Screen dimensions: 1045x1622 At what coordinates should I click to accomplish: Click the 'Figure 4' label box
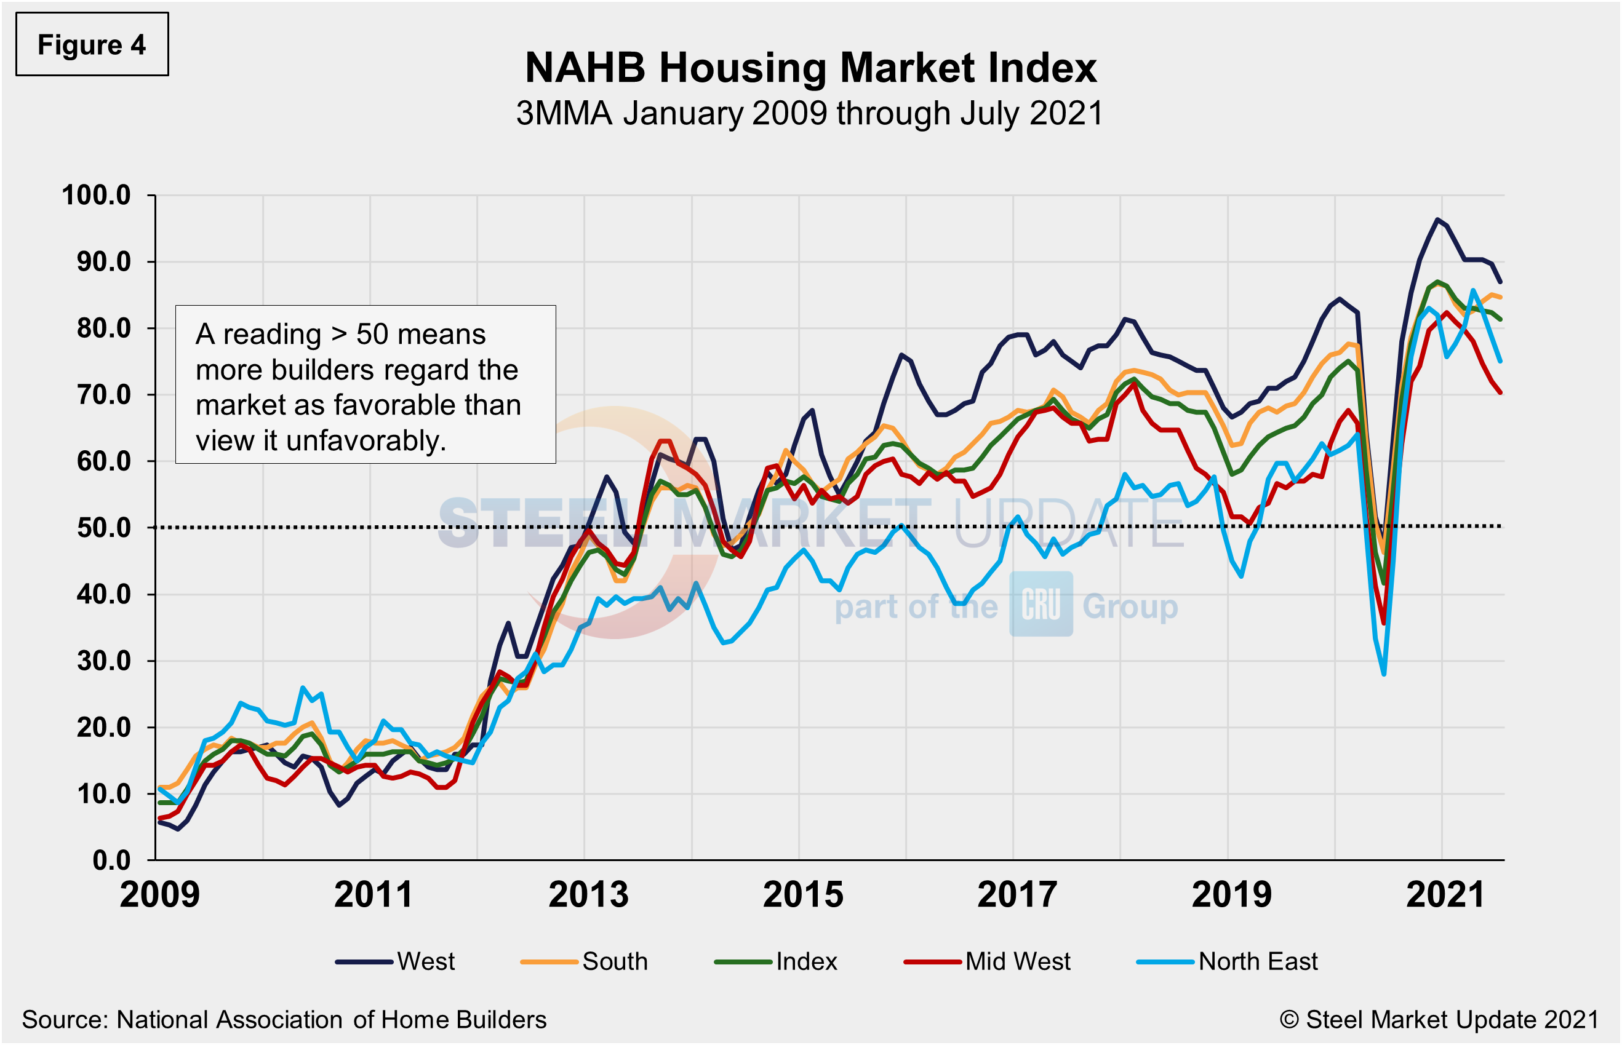tap(92, 45)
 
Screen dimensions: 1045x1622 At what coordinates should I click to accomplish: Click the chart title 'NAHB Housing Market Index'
tap(810, 68)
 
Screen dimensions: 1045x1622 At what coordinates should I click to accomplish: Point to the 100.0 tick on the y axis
tap(97, 196)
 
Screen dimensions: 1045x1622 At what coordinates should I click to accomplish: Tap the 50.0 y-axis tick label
tap(103, 528)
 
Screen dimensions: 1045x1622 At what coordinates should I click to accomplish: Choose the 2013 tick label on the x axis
tap(588, 894)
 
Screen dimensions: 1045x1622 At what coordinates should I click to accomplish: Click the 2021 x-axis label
tap(1445, 894)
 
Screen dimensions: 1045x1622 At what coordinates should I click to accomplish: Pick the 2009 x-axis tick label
tap(160, 894)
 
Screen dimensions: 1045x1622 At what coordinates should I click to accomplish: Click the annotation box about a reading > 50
tap(365, 385)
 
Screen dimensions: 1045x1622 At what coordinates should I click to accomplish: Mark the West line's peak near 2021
tap(1437, 219)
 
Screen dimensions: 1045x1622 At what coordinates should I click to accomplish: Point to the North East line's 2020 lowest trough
tap(1383, 674)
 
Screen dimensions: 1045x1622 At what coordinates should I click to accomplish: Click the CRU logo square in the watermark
tap(1041, 604)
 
